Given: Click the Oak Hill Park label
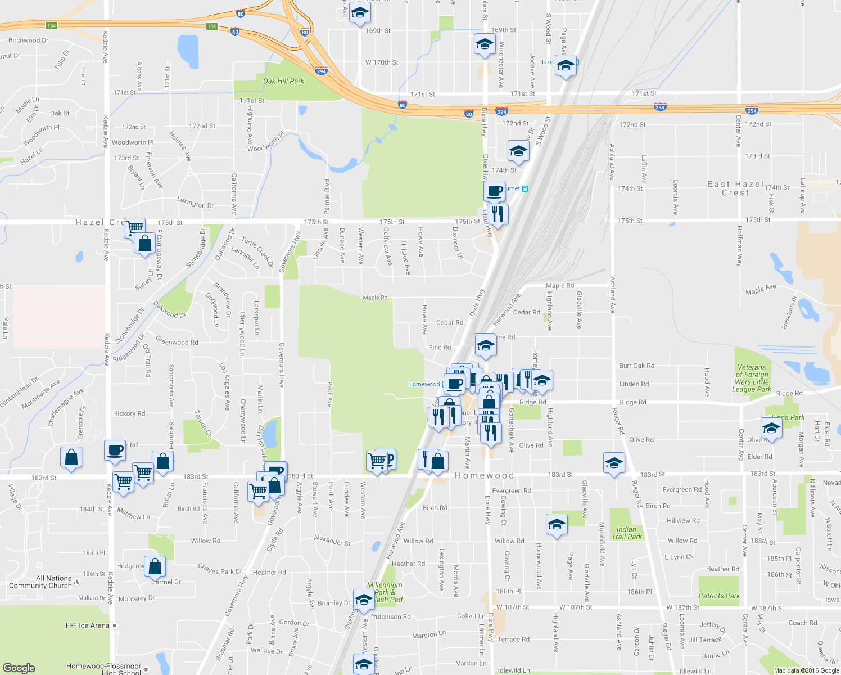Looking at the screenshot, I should click(x=283, y=81).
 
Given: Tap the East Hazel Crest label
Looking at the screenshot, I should click(x=735, y=188).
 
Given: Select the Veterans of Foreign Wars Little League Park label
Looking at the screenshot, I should click(x=752, y=378).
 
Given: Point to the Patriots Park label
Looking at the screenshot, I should click(x=719, y=596).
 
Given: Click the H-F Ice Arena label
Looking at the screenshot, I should click(x=88, y=625).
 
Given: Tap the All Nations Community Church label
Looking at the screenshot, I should click(x=40, y=582).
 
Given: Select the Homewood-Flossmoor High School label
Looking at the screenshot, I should click(x=103, y=669).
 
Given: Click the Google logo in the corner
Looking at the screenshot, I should click(x=19, y=668).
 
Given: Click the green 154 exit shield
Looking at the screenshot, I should click(x=51, y=26).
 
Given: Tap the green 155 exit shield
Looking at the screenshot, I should click(x=212, y=26).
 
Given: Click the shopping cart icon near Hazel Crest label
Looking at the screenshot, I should click(x=134, y=227).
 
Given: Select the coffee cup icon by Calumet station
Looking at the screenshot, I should click(x=494, y=190).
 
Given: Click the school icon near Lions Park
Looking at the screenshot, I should click(x=771, y=428).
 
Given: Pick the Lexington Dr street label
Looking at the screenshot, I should click(x=195, y=202).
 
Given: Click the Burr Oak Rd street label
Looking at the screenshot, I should click(x=636, y=366).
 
